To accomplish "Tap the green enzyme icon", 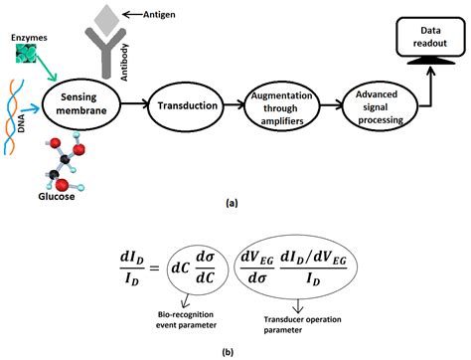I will coord(27,58).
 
